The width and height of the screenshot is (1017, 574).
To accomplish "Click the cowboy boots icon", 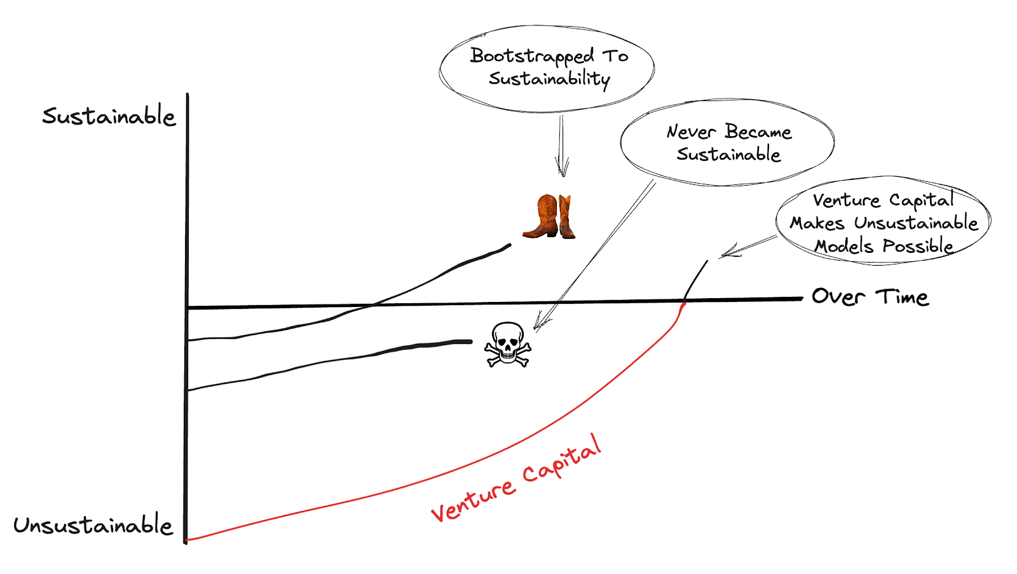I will pos(549,217).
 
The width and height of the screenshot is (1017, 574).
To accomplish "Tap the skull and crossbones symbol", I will pos(507,345).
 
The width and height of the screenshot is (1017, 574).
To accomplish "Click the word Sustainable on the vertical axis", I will pos(109,116).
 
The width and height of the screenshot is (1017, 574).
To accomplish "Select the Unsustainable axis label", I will pos(93,526).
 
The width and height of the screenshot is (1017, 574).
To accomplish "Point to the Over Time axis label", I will pos(870,297).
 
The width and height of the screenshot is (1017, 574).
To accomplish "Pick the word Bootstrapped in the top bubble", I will pos(532,57).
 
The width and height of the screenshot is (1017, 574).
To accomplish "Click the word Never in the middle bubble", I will pos(691,132).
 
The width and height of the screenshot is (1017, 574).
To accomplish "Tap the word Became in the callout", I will pos(758,132).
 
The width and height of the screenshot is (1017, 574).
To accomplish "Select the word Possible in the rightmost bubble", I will pos(918,247).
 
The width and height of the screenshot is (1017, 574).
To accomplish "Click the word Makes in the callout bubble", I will pos(817,223).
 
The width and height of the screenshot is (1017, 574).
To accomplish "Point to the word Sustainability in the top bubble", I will pos(549,79).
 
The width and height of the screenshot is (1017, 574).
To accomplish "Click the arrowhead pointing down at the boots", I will pos(562,170).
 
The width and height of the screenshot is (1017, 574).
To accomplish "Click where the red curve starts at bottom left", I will pos(188,540).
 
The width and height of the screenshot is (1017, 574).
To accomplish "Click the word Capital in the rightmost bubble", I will pos(921,200).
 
